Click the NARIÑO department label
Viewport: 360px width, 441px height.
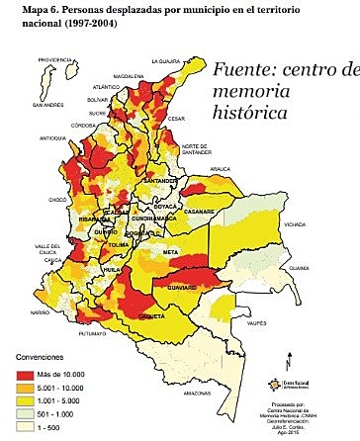pos(40,311)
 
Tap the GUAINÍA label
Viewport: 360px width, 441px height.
pos(314,267)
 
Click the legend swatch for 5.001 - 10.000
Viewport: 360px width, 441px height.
pos(28,389)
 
